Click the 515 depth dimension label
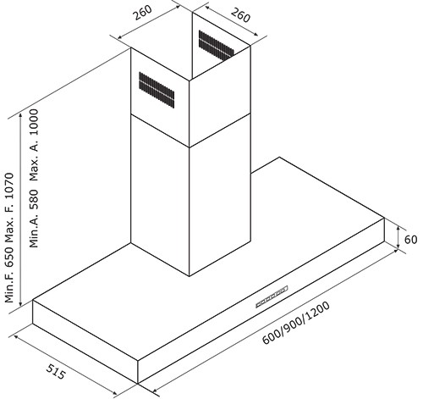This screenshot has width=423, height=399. point(56,372)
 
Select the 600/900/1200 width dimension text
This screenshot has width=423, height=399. point(296,323)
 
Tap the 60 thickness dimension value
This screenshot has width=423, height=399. point(410,240)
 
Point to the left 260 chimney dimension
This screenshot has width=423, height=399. point(143,13)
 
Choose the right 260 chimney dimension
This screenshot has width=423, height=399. point(240,15)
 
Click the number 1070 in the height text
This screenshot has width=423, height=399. point(9,186)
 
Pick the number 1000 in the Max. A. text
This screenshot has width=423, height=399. point(34,122)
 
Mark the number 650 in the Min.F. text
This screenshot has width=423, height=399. point(9,257)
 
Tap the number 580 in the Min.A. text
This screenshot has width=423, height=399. point(34,199)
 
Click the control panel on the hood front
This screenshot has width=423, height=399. point(272,296)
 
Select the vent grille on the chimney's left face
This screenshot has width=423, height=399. point(157,90)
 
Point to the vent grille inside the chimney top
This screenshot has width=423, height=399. point(217,45)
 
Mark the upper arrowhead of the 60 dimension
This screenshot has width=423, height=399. point(398,228)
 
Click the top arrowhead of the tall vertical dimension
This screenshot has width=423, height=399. point(20,116)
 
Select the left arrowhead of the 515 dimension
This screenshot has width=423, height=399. point(16,337)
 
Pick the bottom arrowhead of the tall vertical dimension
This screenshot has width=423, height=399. point(20,303)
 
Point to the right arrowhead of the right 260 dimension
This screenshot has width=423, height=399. point(255,34)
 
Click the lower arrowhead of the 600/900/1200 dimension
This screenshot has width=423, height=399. point(156,391)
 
